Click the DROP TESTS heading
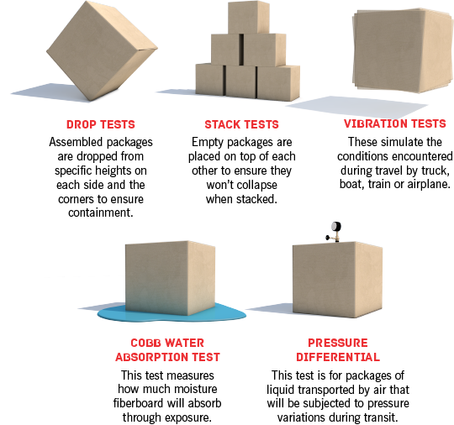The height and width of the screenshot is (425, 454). [101, 124]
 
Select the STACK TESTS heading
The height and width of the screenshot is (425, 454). [242, 124]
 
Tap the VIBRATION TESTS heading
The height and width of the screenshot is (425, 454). [395, 123]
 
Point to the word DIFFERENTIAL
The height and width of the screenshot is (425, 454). [338, 357]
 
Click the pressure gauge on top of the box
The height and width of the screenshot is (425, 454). [335, 232]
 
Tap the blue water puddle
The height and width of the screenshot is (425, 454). [172, 312]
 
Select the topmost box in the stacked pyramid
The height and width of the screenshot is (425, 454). [249, 18]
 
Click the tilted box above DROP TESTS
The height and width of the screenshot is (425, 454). [102, 50]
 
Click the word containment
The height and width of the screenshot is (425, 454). [101, 212]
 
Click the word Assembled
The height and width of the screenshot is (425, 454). [76, 142]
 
